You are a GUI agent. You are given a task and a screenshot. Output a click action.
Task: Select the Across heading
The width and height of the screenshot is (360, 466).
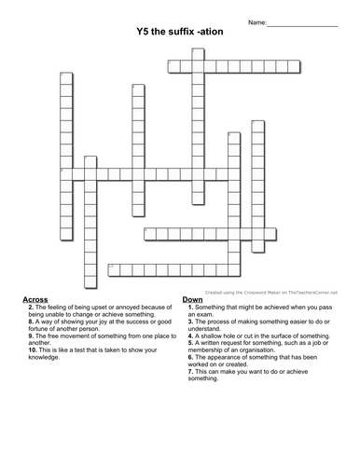[35, 299]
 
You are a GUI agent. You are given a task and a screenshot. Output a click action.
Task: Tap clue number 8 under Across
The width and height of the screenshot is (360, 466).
[33, 326]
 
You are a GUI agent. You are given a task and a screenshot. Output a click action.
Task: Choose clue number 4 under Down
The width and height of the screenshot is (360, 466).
[188, 333]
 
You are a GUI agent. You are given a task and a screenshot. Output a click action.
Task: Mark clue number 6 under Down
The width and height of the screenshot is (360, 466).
[188, 359]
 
